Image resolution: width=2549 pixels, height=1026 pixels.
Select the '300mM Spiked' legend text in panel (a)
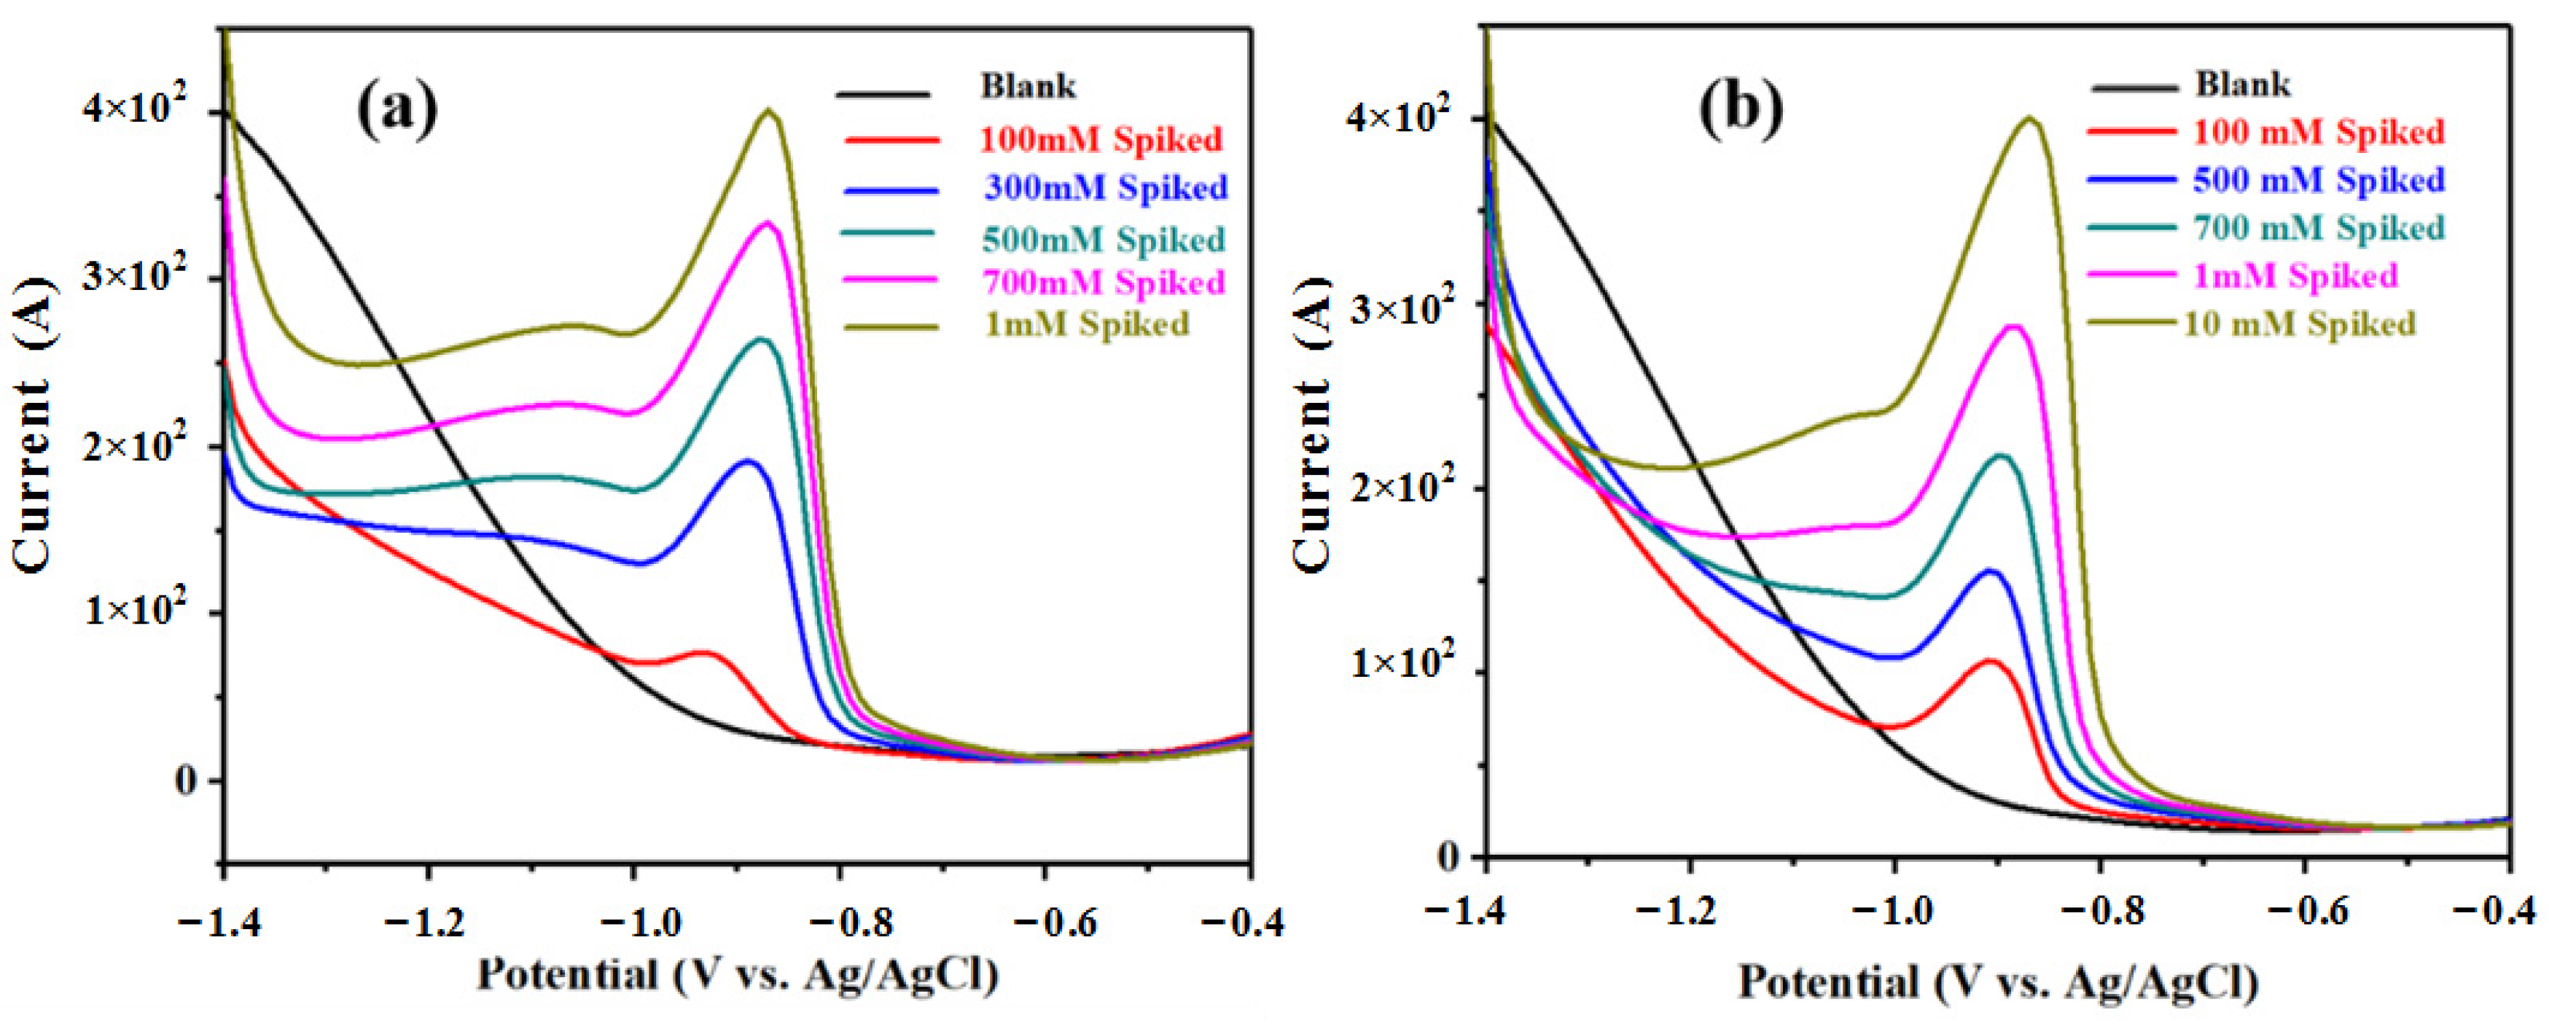pyautogui.click(x=1106, y=187)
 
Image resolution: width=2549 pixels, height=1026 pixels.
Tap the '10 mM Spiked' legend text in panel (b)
pyautogui.click(x=2300, y=324)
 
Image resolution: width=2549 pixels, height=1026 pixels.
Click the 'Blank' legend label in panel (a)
pyautogui.click(x=1028, y=86)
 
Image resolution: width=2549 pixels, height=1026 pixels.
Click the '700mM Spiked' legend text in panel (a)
pyautogui.click(x=1104, y=283)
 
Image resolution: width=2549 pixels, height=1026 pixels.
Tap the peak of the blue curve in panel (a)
pyautogui.click(x=749, y=461)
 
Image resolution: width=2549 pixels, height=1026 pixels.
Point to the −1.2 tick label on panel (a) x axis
pyautogui.click(x=429, y=924)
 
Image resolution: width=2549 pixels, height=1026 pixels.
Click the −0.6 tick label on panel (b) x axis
pyautogui.click(x=2303, y=910)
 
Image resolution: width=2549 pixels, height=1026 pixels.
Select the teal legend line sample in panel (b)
pyautogui.click(x=2132, y=227)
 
